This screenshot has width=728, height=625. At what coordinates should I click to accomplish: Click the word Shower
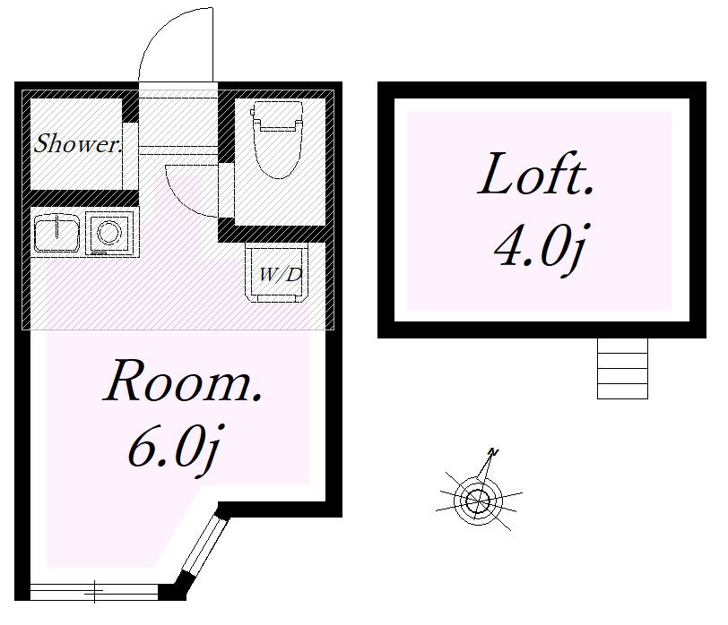coord(78,143)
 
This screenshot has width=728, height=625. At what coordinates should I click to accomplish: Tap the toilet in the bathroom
coord(278,139)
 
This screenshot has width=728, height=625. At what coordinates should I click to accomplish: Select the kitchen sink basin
coord(56,233)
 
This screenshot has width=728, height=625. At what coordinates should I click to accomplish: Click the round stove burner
coord(110,231)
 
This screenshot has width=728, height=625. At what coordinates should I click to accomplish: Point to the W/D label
coord(280,275)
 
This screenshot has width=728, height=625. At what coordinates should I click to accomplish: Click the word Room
coord(183,381)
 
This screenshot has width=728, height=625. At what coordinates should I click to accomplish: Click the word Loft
coord(536,175)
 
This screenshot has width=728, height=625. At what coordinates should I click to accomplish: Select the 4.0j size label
coord(540,249)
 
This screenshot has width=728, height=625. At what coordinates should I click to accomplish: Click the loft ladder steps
coord(622,368)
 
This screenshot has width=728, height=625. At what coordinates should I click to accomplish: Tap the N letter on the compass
coord(493,452)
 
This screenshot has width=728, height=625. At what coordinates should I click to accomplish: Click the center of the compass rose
coord(477,501)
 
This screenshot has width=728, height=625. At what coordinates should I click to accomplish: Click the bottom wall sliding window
coord(94,592)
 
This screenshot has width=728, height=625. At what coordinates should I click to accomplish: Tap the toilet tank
coord(277,116)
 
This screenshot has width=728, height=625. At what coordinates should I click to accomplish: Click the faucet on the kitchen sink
coord(57,227)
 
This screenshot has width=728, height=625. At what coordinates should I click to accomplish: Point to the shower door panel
coord(131,156)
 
